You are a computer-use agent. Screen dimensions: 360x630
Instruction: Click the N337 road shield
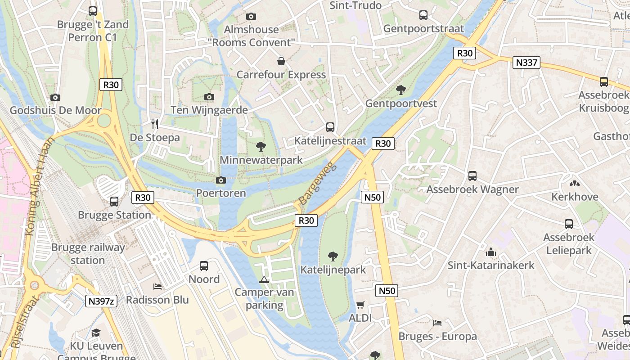(526, 63)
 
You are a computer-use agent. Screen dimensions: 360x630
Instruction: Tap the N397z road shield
(101, 301)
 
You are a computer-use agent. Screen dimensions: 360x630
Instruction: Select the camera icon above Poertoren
(220, 180)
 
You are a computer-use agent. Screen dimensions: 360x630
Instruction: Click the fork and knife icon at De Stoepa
(155, 124)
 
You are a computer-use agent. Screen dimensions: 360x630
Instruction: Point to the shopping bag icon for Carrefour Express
(281, 61)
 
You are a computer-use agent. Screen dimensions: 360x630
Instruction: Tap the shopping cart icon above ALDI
(360, 305)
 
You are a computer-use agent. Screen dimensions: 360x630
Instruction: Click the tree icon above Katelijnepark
(333, 256)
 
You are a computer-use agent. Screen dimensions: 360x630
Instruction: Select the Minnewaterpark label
(261, 160)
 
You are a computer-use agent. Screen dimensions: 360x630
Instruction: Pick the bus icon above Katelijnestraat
(330, 127)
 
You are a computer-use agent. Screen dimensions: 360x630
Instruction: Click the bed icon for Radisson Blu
(157, 286)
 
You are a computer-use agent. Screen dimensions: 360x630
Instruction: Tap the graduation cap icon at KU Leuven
(96, 333)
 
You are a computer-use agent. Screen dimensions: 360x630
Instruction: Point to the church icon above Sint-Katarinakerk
(491, 252)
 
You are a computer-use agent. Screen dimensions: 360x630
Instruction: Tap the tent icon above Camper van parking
(264, 279)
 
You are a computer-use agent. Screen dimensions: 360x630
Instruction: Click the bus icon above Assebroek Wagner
(472, 176)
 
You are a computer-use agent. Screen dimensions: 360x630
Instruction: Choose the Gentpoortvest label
(401, 103)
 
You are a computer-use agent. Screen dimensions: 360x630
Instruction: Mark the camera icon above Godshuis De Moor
(55, 97)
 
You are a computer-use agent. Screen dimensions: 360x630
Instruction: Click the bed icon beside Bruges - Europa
(437, 323)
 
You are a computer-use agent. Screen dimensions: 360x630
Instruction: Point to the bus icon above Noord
(204, 266)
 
